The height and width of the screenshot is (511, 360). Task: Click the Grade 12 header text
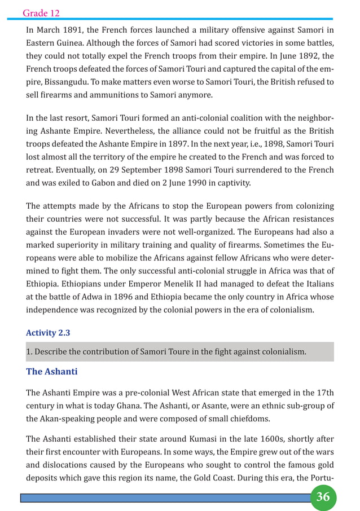point(41,12)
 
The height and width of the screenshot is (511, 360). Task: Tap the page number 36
point(323,497)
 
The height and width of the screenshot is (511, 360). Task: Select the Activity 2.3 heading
point(49,332)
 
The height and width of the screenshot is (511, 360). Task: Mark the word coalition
point(218,117)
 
